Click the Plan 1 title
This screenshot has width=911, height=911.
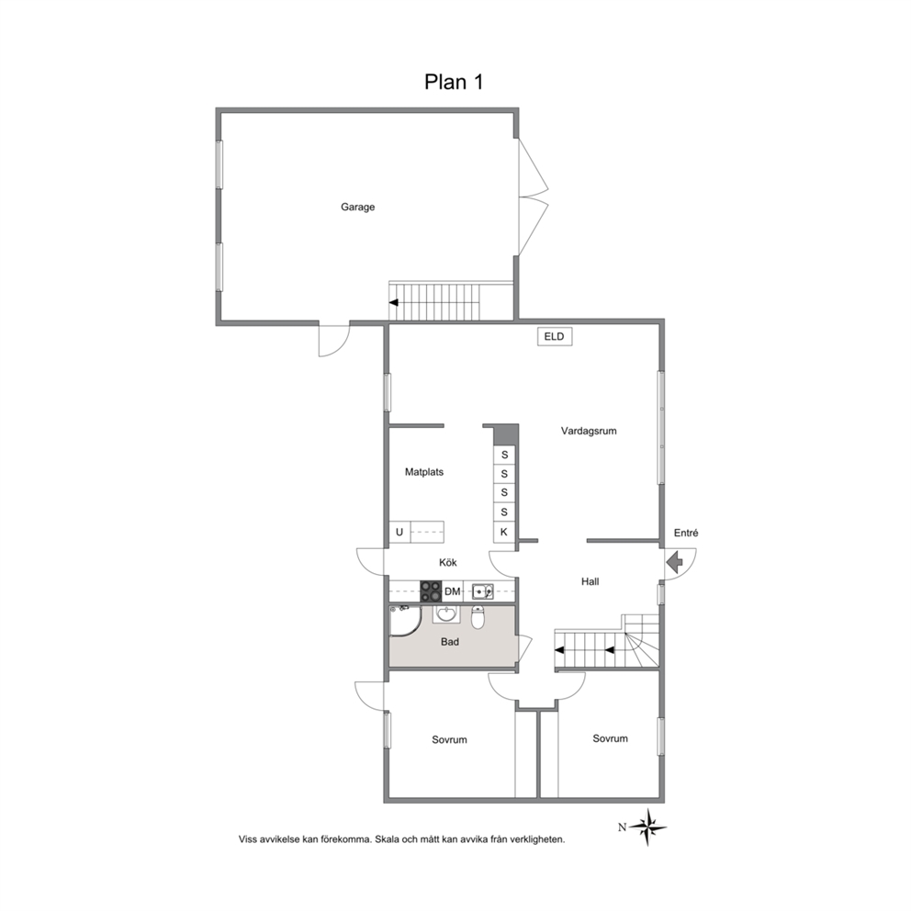454,82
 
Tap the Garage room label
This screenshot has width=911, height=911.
358,207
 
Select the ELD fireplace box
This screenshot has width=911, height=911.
555,336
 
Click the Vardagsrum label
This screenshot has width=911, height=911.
589,431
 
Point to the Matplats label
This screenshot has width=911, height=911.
424,472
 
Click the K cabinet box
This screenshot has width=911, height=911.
504,533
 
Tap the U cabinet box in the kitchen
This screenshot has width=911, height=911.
399,533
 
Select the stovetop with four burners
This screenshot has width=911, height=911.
431,591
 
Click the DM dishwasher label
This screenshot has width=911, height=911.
453,591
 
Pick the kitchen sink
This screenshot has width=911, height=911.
483,591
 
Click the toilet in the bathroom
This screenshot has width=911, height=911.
478,618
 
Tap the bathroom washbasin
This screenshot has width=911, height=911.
446,614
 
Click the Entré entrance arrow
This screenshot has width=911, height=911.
675,563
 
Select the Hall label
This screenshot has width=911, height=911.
590,581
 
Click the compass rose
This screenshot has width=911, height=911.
647,827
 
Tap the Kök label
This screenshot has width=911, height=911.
448,562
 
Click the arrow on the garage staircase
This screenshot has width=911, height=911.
394,303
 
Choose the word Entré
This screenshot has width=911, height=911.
686,533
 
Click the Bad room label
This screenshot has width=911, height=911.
450,642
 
